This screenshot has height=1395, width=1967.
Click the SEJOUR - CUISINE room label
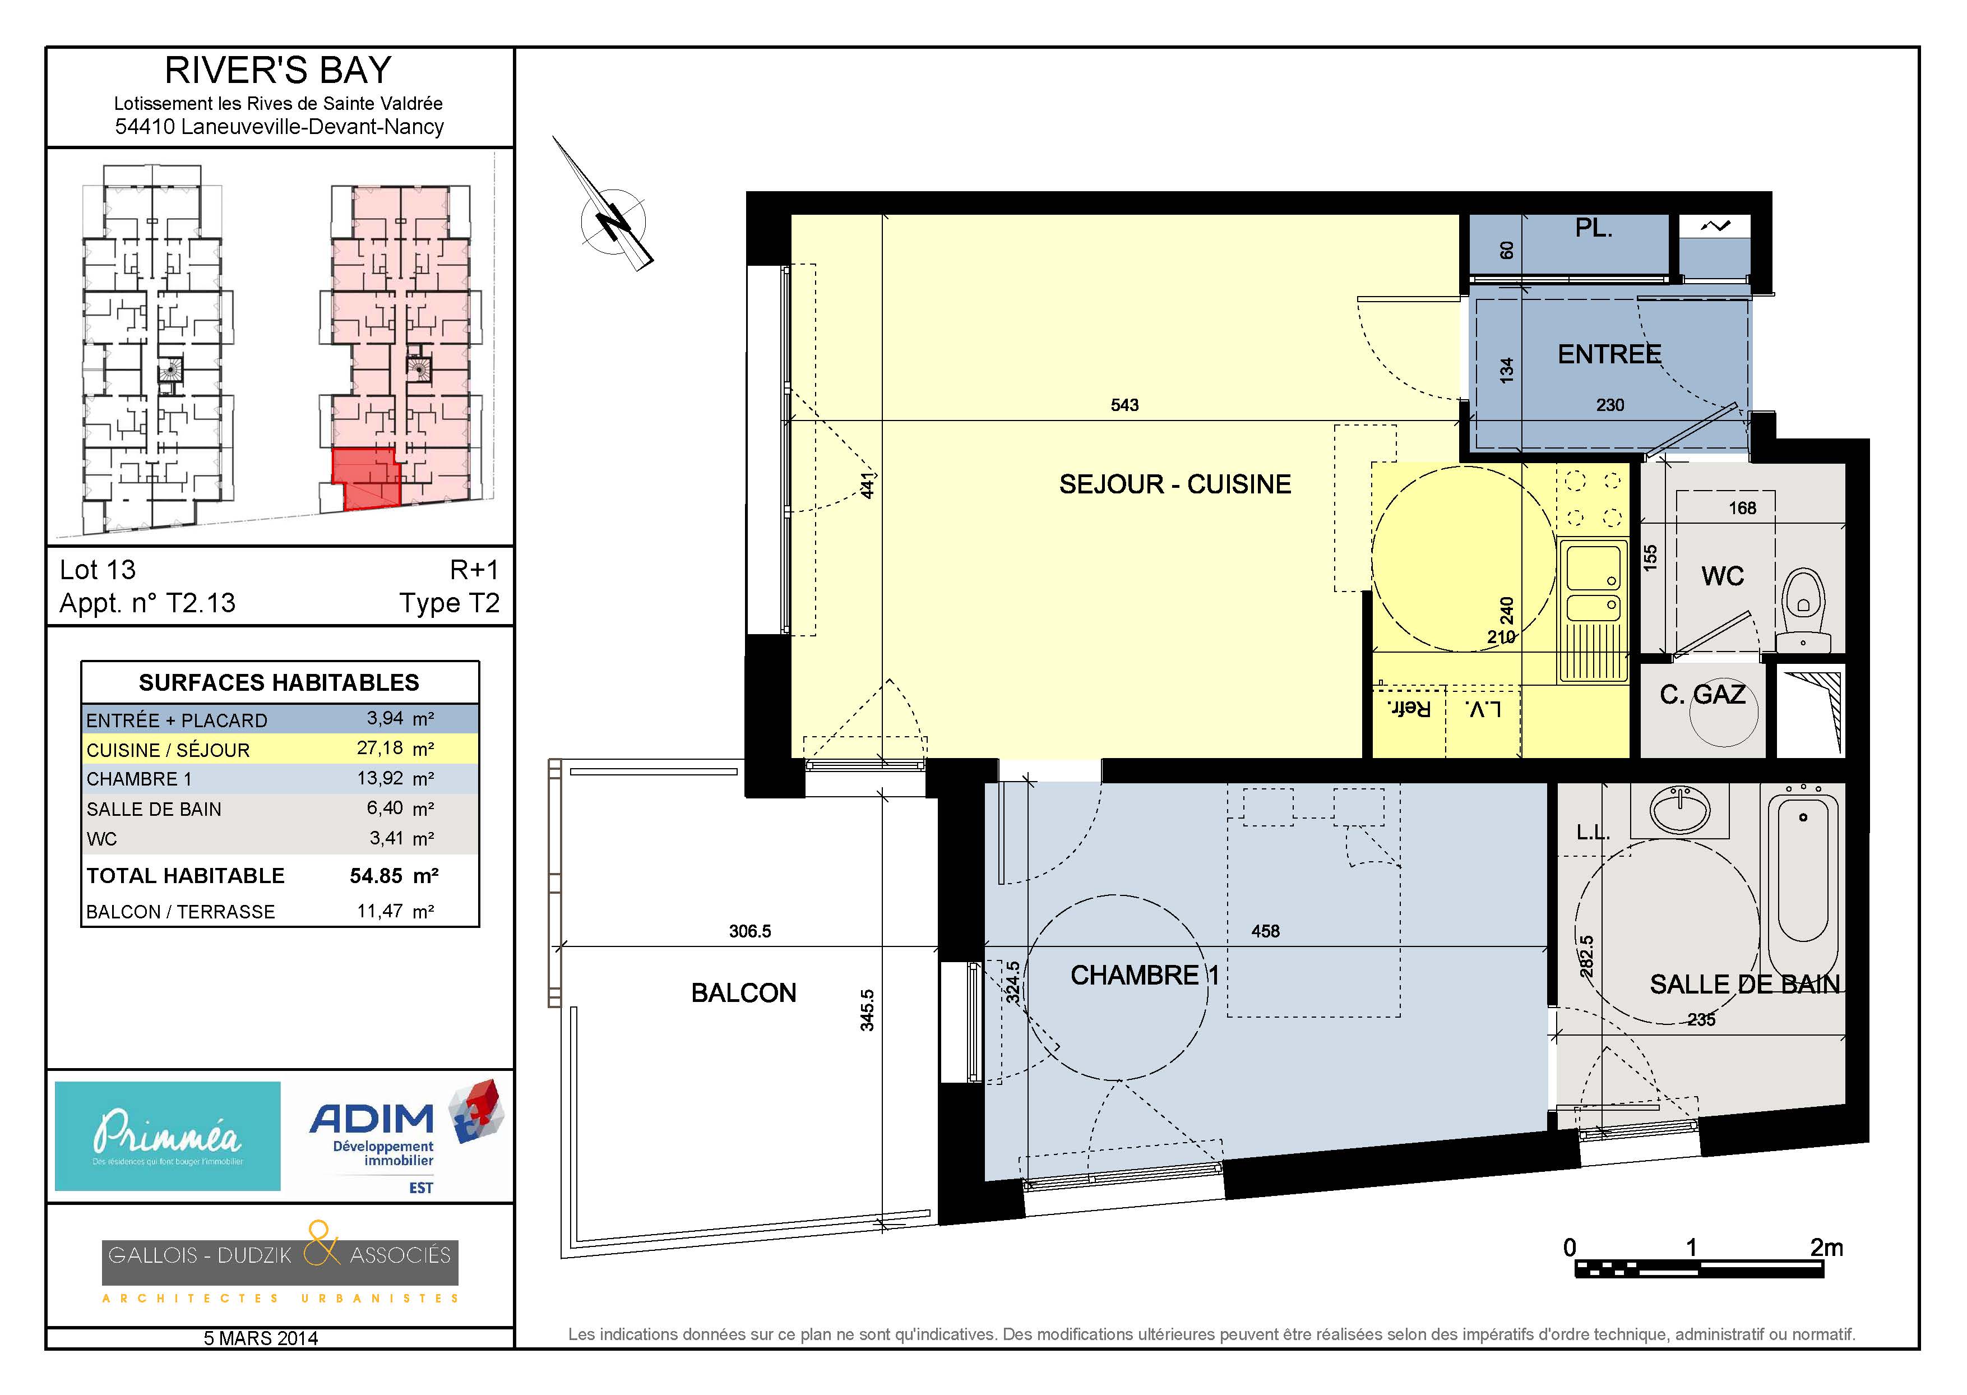[1174, 484]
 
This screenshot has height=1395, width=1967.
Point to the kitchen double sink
[1593, 610]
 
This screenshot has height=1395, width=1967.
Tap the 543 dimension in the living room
[1124, 405]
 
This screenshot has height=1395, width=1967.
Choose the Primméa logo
[168, 1135]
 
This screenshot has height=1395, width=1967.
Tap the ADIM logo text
[372, 1119]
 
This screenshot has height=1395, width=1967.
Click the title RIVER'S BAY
[278, 71]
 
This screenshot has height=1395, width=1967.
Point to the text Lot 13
[98, 570]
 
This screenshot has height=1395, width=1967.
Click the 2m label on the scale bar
[1826, 1247]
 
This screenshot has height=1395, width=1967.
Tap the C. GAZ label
[1702, 694]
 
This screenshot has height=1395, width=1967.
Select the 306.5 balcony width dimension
[749, 931]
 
